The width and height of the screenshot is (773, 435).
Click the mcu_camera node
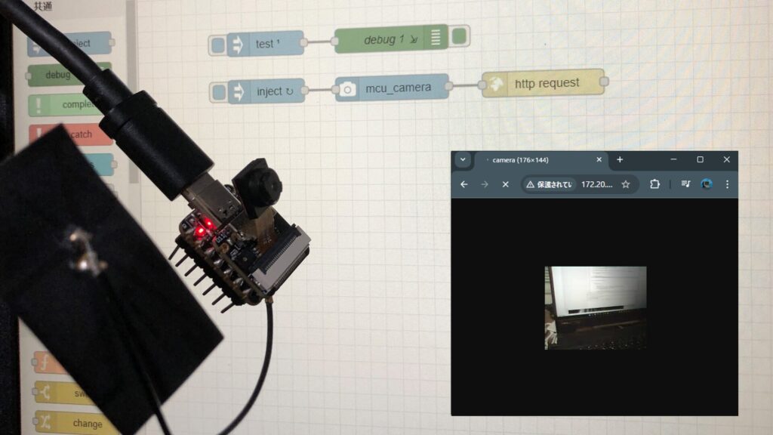point(393,88)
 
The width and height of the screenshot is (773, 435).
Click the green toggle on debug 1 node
point(458,36)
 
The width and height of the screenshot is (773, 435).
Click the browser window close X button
point(726,160)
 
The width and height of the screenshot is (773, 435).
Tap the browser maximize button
point(700,160)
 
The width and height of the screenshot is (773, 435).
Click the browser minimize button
point(673,160)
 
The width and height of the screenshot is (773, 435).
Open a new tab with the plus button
point(620,160)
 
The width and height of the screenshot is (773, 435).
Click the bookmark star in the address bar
point(626,184)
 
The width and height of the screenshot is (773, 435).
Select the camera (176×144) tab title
point(521,160)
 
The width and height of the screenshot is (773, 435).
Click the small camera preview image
point(596,307)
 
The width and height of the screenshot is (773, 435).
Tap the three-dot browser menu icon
point(727,184)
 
